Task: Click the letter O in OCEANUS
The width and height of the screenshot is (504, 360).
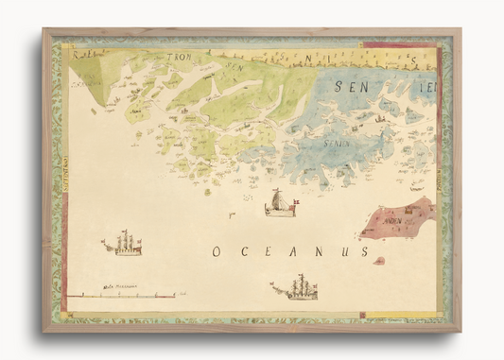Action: coord(216,251)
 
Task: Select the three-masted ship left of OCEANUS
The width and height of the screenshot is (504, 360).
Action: coord(124,244)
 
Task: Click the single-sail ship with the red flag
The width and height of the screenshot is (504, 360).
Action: coord(280,203)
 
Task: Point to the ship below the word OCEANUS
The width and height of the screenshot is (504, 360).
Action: coord(297,287)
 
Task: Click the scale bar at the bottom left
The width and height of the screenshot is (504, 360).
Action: coord(120,296)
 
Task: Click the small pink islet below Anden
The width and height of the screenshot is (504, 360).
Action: coord(379,260)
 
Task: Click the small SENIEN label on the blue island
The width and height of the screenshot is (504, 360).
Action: coord(337,143)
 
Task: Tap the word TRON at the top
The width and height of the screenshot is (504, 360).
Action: coord(179,57)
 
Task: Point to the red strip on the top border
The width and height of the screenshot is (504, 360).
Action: coord(388,43)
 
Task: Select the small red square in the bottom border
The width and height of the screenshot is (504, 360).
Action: coord(360,315)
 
